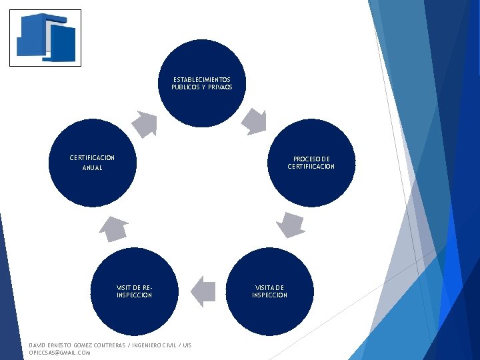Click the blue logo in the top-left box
(45, 37)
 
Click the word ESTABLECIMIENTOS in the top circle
(202, 80)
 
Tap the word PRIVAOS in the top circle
(220, 87)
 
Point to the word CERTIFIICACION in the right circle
(311, 167)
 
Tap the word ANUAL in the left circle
(92, 168)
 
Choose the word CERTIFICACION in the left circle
(92, 158)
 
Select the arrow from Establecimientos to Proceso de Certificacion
(253, 121)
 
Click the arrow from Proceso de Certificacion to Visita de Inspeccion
(290, 225)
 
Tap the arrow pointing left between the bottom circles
(203, 291)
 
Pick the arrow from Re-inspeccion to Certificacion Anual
(113, 227)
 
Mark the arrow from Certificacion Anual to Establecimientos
(144, 123)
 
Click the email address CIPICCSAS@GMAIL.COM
(59, 352)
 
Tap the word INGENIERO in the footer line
(136, 345)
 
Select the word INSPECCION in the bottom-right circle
(269, 295)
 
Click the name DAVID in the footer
(38, 345)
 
